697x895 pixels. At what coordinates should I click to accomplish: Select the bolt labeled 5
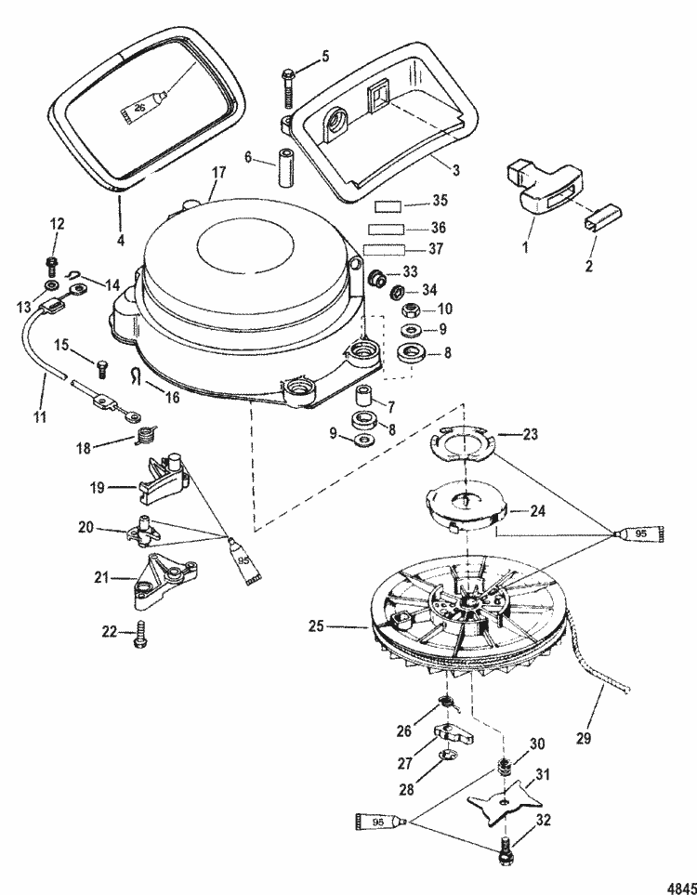pyautogui.click(x=288, y=88)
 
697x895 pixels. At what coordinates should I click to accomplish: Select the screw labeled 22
pyautogui.click(x=139, y=636)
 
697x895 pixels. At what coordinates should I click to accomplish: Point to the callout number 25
pyautogui.click(x=316, y=626)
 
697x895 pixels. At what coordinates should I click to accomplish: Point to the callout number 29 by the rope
pyautogui.click(x=584, y=738)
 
